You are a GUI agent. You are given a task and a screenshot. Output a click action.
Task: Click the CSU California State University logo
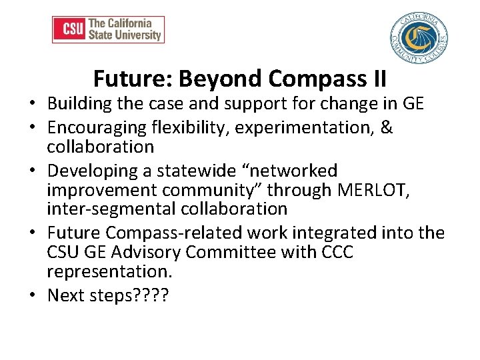[x=108, y=30]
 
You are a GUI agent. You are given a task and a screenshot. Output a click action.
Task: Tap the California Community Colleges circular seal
[x=418, y=38]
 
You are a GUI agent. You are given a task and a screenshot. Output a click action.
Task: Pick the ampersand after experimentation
[x=387, y=127]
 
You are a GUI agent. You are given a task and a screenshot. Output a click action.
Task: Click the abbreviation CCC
[x=336, y=253]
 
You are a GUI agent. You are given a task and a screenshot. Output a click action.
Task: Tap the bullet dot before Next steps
[x=32, y=295]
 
